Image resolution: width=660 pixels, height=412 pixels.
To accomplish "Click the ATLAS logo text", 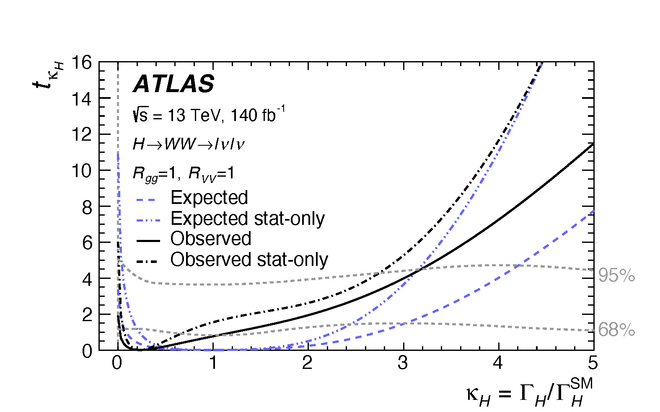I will tap(173, 84).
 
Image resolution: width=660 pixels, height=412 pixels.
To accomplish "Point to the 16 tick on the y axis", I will tap(81, 63).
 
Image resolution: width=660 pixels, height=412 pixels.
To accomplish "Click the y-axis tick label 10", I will tap(81, 171).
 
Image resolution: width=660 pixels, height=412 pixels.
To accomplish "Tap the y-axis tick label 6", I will tap(87, 243).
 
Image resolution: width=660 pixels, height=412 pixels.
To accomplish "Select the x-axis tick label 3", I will tap(403, 363).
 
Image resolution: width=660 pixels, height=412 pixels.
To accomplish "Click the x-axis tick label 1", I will tap(213, 363).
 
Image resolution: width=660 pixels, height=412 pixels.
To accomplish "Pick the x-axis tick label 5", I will tap(592, 363).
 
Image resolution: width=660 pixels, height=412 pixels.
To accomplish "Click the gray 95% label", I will tap(616, 276).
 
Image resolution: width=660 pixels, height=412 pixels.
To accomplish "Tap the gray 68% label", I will tap(616, 330).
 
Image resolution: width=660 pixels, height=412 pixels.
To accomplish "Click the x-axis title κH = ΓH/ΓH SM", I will tap(530, 393).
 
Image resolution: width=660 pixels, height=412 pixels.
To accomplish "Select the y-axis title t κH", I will tap(48, 75).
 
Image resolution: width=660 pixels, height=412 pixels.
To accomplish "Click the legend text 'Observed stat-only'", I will tap(249, 260).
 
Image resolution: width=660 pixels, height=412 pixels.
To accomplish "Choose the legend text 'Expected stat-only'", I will tap(247, 219).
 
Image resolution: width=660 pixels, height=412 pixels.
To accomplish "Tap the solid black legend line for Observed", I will tap(148, 240).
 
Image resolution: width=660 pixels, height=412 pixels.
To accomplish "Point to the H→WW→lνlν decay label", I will tap(188, 144).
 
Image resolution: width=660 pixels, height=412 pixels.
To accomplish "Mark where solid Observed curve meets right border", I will tap(593, 144).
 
